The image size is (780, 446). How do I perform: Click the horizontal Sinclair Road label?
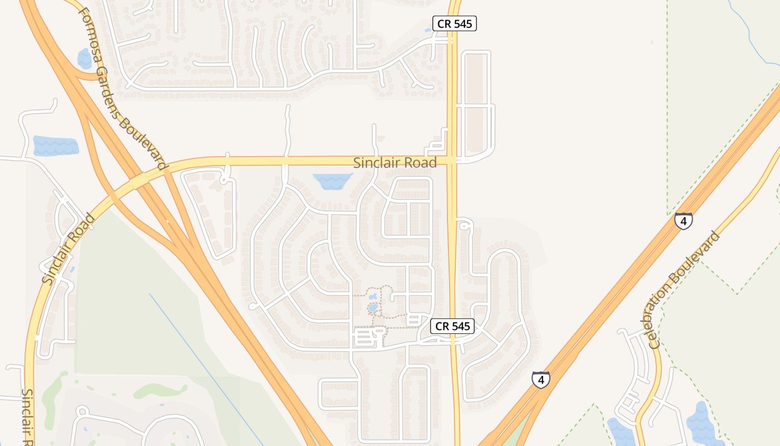coord(395,163)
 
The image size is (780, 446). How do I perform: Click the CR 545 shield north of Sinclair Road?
coord(455,23)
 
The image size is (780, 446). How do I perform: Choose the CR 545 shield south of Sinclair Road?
coord(452,326)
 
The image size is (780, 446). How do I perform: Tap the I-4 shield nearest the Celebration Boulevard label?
coord(683,221)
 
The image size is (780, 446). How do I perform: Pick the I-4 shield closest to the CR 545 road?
coord(540,380)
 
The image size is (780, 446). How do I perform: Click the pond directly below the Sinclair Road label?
coord(333,181)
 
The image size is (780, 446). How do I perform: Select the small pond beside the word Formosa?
coord(85,58)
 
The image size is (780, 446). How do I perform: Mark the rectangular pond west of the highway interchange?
coord(55,146)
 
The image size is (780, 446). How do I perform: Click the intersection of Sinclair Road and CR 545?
coord(452,162)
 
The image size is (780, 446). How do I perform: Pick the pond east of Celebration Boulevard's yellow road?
coord(703,424)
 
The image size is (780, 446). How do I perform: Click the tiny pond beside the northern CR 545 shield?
coord(428,30)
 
